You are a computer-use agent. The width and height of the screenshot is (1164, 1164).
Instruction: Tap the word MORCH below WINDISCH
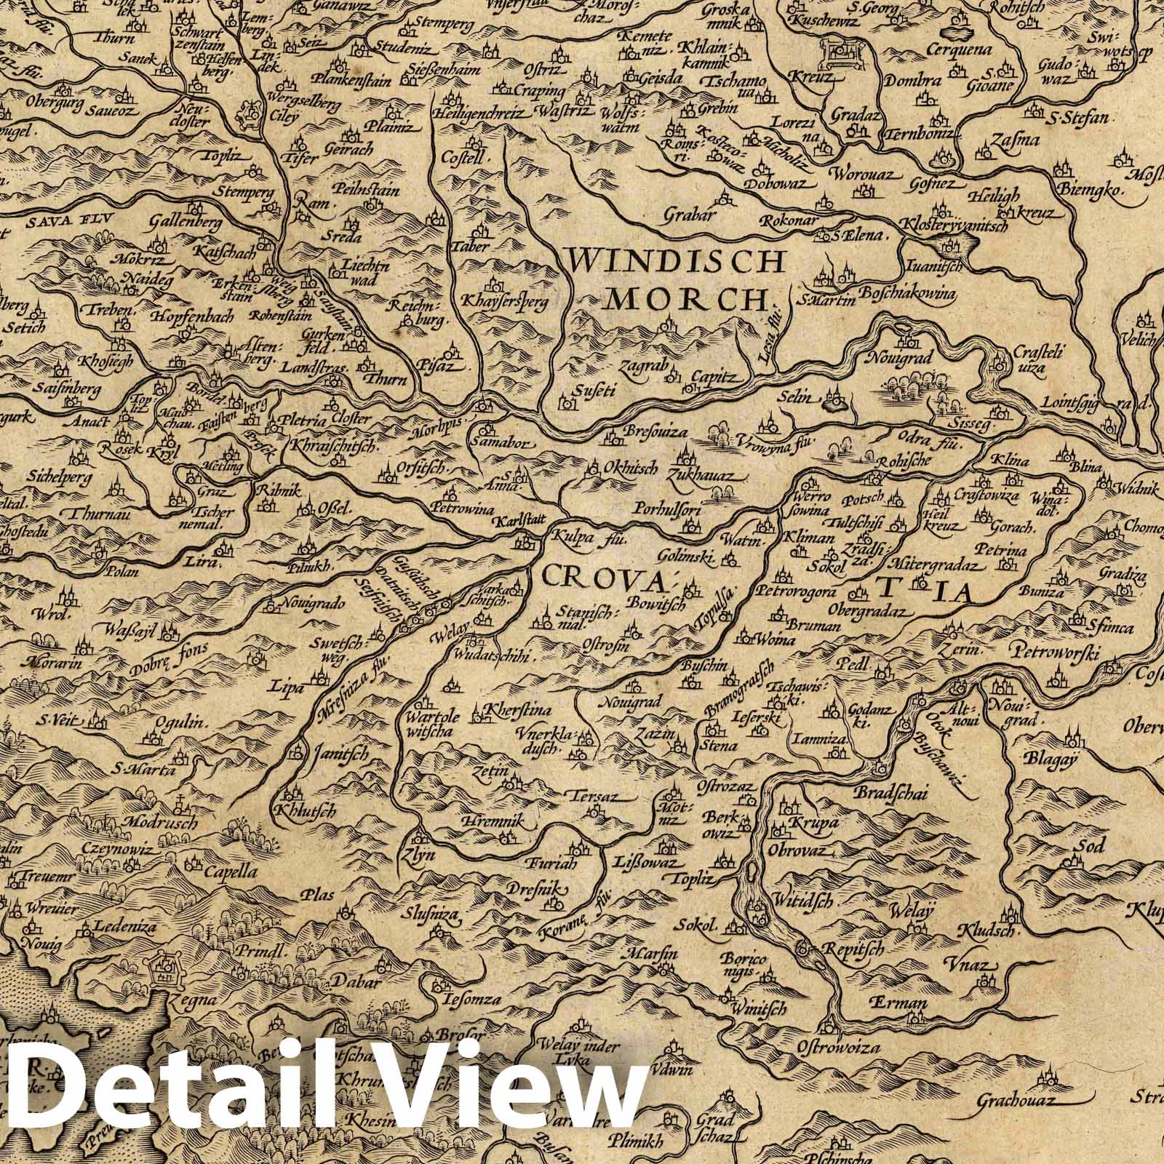click(688, 298)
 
